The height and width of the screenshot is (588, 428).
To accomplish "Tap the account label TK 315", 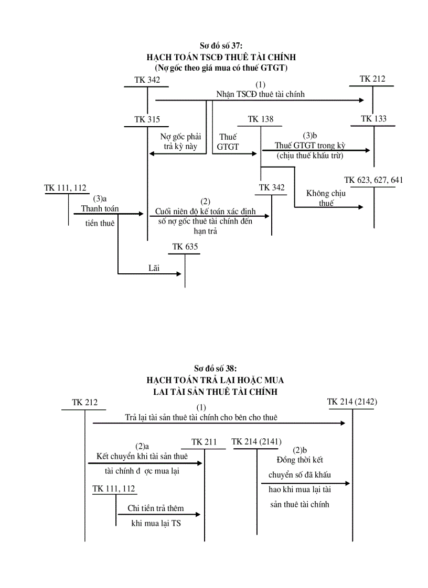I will (x=147, y=119).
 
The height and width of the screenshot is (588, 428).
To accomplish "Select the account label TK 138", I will (x=261, y=119).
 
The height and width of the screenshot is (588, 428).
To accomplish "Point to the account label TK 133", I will (x=373, y=119).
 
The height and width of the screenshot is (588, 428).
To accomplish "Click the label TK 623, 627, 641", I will (x=373, y=180).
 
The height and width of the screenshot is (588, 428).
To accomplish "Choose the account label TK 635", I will (x=185, y=247).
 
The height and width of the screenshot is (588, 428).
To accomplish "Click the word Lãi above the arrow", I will (x=154, y=268).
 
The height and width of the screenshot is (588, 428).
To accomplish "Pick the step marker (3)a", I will (x=100, y=199).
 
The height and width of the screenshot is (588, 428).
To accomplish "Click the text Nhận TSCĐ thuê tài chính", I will (x=260, y=94).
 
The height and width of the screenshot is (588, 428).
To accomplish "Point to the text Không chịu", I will (x=326, y=193).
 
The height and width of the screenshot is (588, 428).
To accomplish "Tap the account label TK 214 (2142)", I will (x=352, y=402).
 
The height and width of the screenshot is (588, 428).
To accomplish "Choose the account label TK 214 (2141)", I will (x=256, y=442).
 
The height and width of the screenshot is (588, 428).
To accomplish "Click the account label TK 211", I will (x=204, y=442).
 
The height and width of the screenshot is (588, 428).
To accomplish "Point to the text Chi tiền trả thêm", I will (x=156, y=508).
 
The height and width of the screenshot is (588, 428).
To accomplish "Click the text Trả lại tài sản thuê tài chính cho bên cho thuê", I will (x=201, y=417).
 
